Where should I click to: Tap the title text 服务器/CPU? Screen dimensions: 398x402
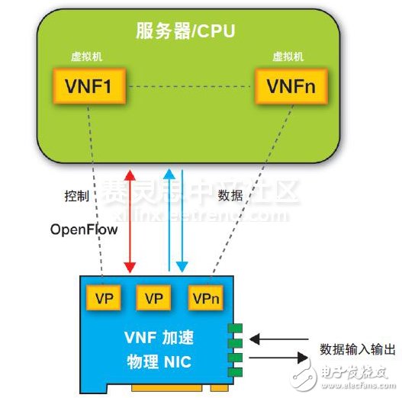click(185, 32)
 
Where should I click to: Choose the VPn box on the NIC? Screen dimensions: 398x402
click(207, 298)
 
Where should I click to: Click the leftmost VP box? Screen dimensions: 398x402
click(105, 298)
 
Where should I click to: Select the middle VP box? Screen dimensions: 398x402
click(154, 298)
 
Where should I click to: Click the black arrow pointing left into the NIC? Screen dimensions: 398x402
click(281, 339)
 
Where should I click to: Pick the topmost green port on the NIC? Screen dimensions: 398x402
click(236, 327)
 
